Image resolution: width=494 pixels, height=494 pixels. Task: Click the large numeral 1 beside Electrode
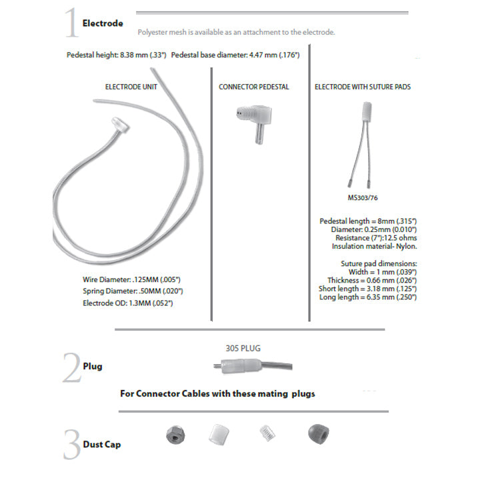point(72,25)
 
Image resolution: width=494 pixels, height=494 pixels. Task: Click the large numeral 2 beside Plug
point(72,367)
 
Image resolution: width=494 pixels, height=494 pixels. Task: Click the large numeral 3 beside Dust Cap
point(72,443)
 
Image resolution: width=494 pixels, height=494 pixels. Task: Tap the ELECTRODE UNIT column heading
point(131,87)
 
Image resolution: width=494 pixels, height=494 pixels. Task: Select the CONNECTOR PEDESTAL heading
point(254,87)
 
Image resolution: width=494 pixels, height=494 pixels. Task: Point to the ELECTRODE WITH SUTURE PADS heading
point(363,87)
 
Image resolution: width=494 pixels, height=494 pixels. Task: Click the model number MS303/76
point(362,197)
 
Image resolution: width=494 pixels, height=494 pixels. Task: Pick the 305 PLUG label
point(243,347)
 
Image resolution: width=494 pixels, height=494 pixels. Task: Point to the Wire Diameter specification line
point(129,279)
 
